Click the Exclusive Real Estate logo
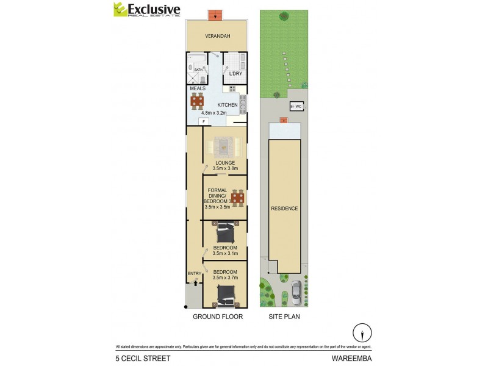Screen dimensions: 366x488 (x=146, y=10)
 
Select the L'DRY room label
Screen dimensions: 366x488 (x=235, y=74)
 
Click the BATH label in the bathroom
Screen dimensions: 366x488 (x=198, y=70)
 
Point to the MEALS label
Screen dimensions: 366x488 (x=198, y=88)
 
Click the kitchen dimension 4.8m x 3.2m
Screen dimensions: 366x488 (x=214, y=112)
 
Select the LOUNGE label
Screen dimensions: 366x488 (x=224, y=162)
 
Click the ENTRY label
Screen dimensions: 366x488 (x=195, y=273)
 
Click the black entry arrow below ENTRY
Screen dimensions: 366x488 (x=195, y=282)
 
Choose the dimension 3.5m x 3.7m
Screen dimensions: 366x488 (x=224, y=278)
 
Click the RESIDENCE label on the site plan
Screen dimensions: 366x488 (x=285, y=209)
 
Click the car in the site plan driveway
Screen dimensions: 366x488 (x=296, y=292)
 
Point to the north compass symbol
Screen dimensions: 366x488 (x=362, y=334)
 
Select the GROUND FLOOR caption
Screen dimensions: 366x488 (x=218, y=317)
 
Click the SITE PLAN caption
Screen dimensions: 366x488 (x=284, y=317)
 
